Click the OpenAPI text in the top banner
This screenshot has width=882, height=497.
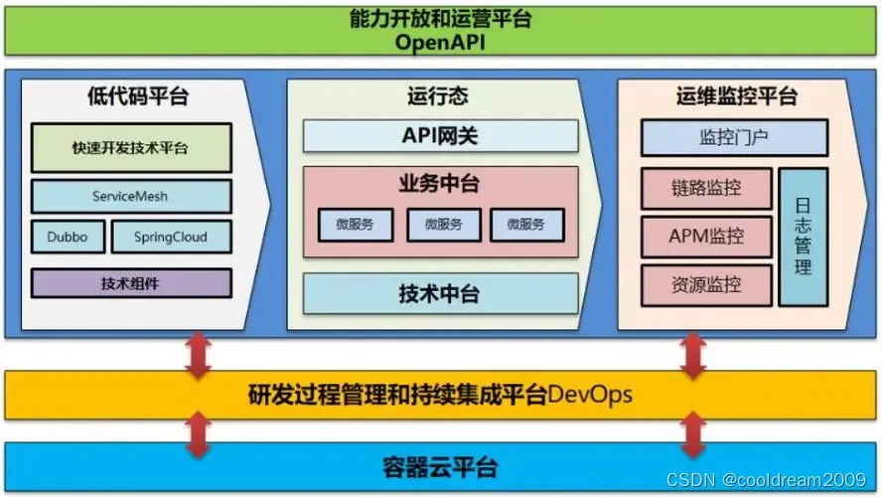coord(440,41)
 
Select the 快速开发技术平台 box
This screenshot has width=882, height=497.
coord(131,148)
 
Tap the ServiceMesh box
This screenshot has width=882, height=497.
coord(131,196)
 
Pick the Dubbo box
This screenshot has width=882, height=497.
coord(68,238)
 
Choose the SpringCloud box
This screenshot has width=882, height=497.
coord(171,238)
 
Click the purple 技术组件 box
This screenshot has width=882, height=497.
coord(131,283)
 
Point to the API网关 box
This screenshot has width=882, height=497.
coord(440,135)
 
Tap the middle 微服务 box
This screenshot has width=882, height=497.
coord(443,225)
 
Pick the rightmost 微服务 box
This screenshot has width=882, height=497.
coord(526,225)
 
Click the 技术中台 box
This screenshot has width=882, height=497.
coord(440,293)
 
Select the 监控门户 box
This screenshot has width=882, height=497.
coord(733,137)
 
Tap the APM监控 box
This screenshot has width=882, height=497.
coord(706,237)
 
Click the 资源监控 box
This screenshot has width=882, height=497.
coord(706,284)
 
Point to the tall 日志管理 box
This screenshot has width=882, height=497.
coord(804,237)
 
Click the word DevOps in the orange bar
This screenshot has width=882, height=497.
coord(591,395)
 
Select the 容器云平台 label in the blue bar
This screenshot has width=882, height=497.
coord(440,466)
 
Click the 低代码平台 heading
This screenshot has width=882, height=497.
coord(137,96)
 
